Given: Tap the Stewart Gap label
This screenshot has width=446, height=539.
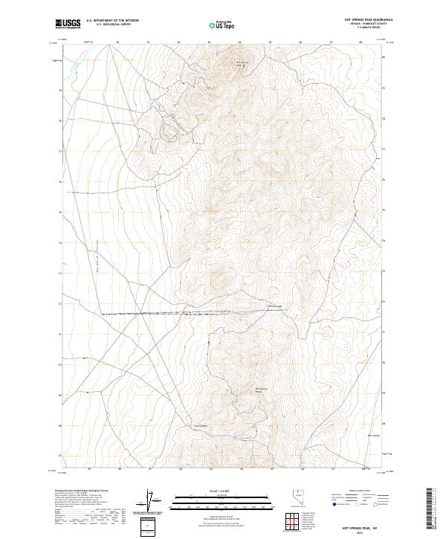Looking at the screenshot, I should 274,306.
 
